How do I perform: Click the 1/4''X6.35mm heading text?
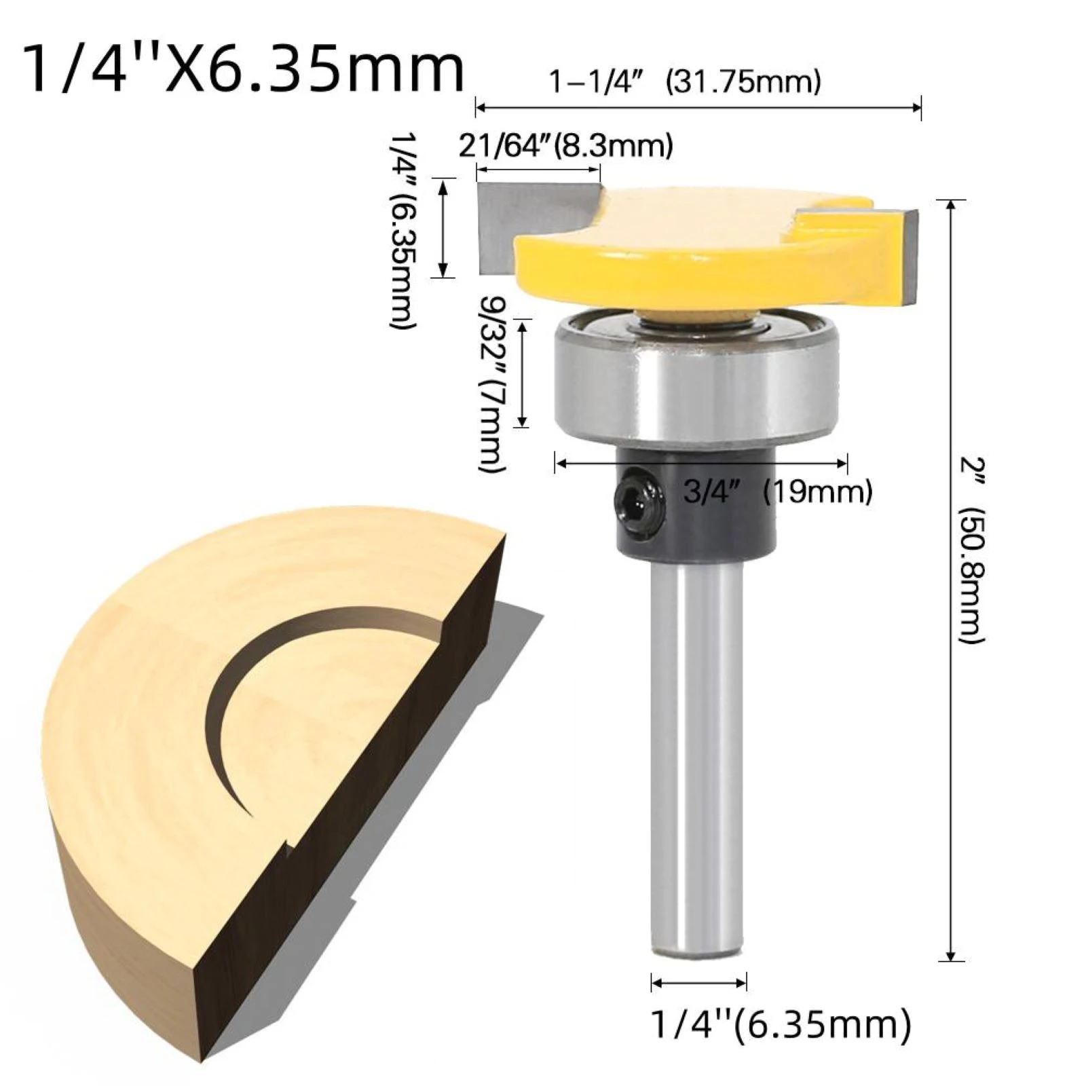click(x=244, y=69)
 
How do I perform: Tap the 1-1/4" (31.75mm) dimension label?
click(x=684, y=82)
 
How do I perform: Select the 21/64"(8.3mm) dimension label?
click(x=565, y=146)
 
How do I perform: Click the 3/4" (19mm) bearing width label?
click(x=777, y=491)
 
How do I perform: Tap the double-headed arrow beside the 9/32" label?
click(x=522, y=373)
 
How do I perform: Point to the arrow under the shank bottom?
click(x=699, y=981)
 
